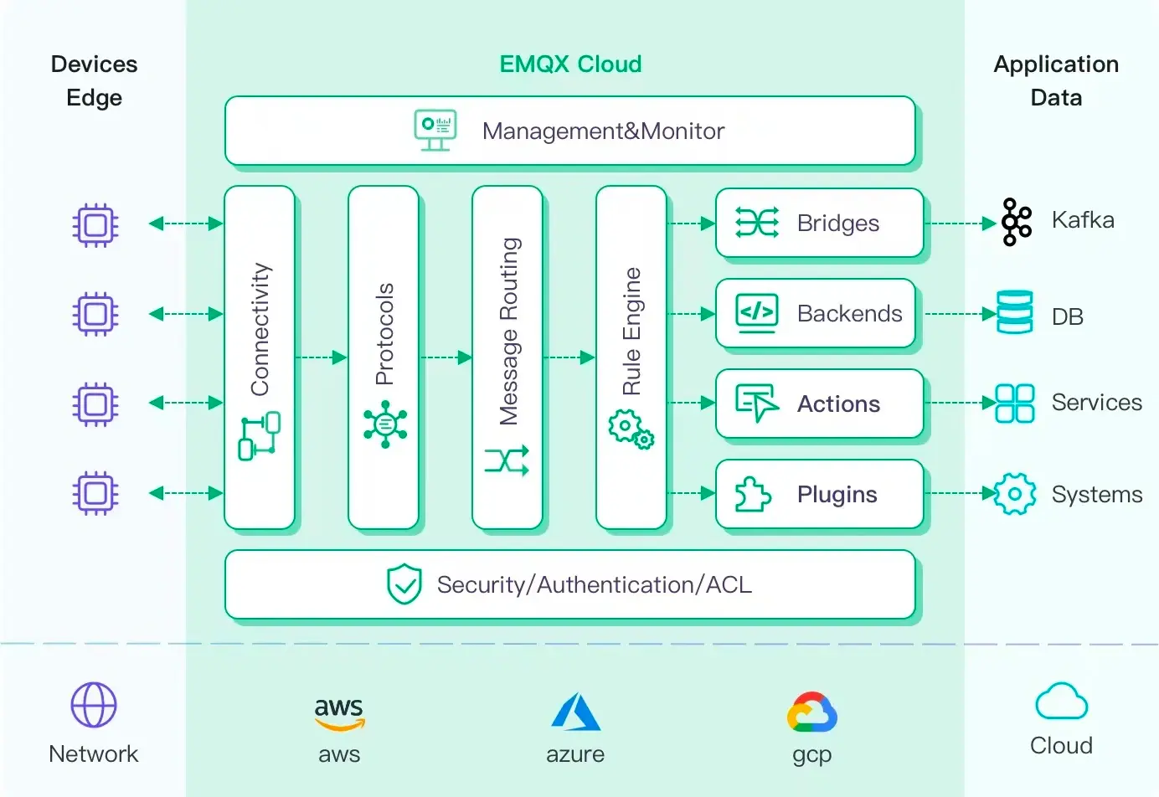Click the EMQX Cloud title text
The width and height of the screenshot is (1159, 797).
tap(570, 64)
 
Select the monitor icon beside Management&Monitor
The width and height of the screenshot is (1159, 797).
tap(435, 130)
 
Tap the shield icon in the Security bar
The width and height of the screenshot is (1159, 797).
tap(404, 584)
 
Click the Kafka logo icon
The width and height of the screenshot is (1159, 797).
tap(1016, 222)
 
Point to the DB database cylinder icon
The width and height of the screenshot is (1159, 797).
tap(1014, 312)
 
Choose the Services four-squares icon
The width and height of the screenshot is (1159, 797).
tap(1014, 403)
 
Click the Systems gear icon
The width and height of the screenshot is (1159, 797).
tap(1014, 494)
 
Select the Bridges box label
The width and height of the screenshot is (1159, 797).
tap(837, 223)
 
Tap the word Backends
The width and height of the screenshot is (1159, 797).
tap(849, 313)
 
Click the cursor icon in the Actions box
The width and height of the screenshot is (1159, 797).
tap(756, 403)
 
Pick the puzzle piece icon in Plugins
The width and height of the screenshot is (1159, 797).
tap(752, 494)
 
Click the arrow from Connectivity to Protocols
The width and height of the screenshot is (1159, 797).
tap(322, 357)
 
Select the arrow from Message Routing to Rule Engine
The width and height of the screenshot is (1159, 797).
tap(569, 357)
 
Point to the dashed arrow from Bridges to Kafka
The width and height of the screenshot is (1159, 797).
tap(961, 224)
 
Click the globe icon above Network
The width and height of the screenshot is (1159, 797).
tap(94, 704)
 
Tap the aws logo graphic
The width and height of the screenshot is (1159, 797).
tap(339, 713)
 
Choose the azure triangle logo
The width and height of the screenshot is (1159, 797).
tap(575, 712)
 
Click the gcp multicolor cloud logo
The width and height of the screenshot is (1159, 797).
tap(811, 712)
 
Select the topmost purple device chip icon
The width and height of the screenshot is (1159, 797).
tap(95, 224)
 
